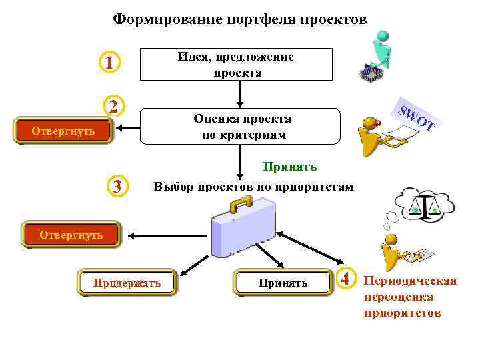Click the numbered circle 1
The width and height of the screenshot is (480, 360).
108,63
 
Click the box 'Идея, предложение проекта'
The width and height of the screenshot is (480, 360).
235,65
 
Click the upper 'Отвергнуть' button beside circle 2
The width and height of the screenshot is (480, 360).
63,131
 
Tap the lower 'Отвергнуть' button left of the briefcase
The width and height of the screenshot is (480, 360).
71,234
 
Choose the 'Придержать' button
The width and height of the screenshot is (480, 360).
127,283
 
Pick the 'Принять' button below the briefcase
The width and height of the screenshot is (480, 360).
283,283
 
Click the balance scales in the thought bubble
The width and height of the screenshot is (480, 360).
424,207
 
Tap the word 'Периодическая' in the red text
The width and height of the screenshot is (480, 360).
410,280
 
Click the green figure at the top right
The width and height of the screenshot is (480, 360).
380,50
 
